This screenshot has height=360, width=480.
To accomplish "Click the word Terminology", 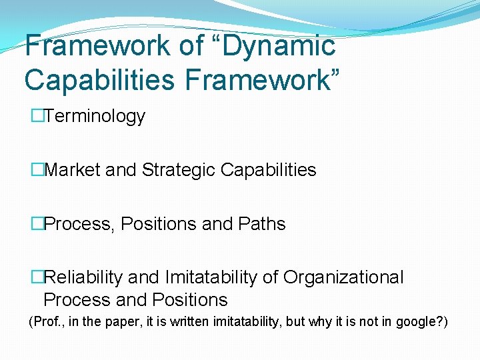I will coord(95,116).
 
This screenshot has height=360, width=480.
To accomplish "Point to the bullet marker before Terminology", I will coord(37,116).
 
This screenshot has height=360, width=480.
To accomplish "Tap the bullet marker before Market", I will coord(37,170).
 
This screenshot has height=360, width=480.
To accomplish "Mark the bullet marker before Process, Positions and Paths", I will coord(37,224).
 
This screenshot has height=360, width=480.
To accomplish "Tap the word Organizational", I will coord(343,277).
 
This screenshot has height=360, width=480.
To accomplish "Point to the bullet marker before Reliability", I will coord(37,277).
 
